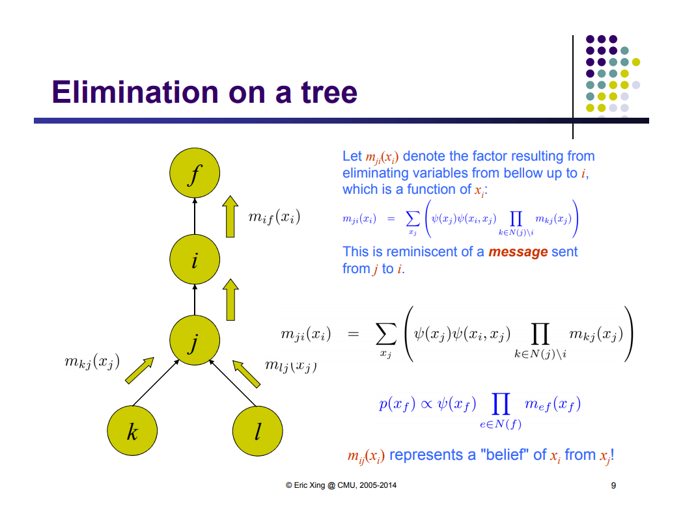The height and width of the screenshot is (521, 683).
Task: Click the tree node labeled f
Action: click(194, 175)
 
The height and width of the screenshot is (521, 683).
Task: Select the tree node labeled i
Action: click(194, 260)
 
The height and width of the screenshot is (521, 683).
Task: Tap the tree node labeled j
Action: click(194, 341)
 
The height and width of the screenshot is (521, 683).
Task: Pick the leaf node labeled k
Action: click(133, 431)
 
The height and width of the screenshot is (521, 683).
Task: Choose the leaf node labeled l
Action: click(258, 431)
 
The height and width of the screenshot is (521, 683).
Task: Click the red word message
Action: click(518, 252)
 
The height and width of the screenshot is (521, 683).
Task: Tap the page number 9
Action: click(613, 485)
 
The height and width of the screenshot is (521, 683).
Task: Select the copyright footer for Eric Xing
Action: click(341, 485)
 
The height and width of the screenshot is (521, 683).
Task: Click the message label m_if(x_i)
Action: click(274, 217)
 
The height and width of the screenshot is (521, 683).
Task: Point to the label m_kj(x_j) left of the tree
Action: click(92, 362)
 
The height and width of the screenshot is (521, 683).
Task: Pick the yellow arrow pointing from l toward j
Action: click(247, 373)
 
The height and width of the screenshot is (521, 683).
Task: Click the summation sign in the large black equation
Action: click(385, 336)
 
